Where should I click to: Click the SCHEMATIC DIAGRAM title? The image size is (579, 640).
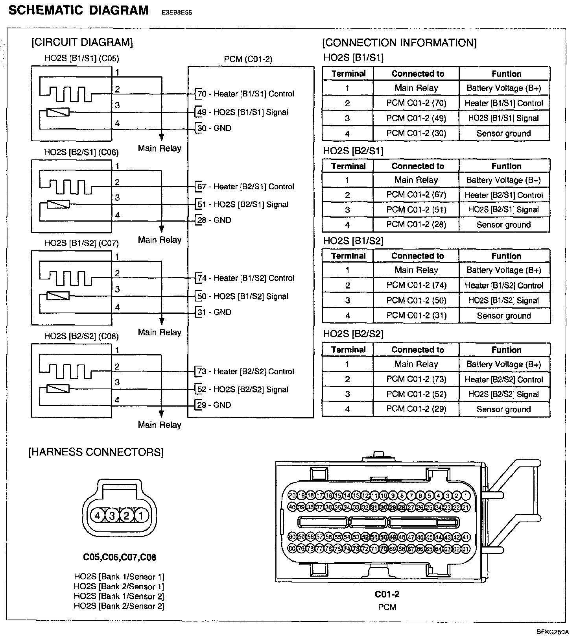(x=79, y=10)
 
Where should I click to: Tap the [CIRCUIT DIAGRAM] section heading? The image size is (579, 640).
(x=82, y=42)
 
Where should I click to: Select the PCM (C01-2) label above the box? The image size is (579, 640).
(x=248, y=59)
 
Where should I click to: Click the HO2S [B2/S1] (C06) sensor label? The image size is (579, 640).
(x=81, y=152)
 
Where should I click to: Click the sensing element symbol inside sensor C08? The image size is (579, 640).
(x=58, y=389)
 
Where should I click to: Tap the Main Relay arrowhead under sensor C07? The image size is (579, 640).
(x=161, y=321)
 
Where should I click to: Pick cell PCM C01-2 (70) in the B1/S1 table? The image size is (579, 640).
(x=416, y=103)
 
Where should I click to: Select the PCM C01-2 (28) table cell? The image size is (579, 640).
(x=416, y=224)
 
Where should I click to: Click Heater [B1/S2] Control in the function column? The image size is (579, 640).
(x=504, y=285)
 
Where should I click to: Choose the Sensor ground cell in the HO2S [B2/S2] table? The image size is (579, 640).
(x=504, y=409)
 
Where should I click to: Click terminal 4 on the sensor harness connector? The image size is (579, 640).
(x=98, y=515)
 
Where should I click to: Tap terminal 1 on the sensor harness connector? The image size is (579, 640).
(x=141, y=515)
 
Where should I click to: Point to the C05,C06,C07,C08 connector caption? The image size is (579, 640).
(x=120, y=557)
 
